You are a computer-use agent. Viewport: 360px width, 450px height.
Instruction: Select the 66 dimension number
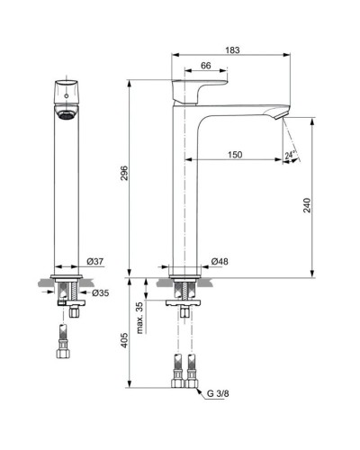tap(205, 66)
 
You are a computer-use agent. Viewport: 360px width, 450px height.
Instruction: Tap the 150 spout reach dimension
tap(234, 155)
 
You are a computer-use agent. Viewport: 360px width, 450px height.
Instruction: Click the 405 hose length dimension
tap(126, 341)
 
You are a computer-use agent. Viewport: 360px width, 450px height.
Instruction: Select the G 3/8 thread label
tap(220, 392)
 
